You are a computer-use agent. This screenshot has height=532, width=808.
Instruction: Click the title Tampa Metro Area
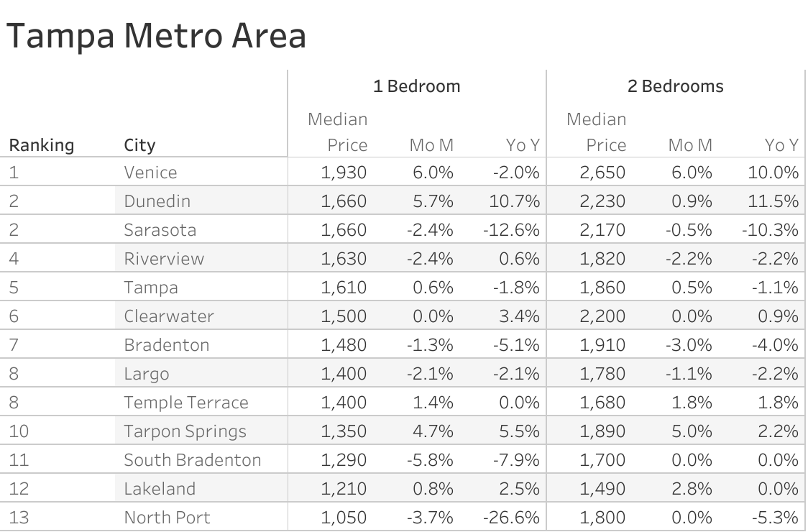[x=156, y=36]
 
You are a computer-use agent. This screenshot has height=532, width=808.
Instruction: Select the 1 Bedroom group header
[x=416, y=87]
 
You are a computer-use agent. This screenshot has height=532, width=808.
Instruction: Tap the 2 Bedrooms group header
[x=675, y=87]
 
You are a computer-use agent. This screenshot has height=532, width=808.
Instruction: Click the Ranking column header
[x=42, y=145]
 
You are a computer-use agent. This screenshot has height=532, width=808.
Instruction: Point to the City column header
[x=139, y=145]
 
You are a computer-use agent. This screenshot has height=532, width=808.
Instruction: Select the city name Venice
[x=150, y=173]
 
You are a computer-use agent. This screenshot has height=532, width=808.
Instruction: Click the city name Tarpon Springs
[x=185, y=431]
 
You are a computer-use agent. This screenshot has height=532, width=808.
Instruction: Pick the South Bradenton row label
[x=192, y=460]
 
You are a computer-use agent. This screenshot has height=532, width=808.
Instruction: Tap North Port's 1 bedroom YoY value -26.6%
[x=512, y=518]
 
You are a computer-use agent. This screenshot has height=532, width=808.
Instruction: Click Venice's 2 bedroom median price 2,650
[x=602, y=173]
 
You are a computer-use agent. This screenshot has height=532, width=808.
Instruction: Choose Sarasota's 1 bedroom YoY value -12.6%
[x=512, y=230]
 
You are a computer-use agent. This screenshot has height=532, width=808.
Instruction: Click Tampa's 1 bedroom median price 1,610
[x=344, y=288]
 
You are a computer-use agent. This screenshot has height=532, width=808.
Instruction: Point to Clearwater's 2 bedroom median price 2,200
[x=602, y=316]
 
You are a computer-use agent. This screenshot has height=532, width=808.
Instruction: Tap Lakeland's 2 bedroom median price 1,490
[x=602, y=489]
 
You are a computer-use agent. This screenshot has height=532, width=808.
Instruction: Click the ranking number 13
[x=19, y=518]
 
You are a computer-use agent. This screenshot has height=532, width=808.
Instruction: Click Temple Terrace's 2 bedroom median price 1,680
[x=602, y=403]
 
